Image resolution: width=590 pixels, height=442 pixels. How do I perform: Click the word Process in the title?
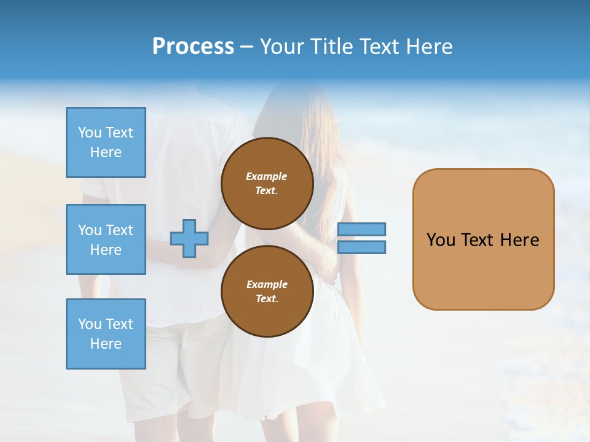193,47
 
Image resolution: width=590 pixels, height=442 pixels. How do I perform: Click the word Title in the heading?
331,47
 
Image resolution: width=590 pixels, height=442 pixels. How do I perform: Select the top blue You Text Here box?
106,142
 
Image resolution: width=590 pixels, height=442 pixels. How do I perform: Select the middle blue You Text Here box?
106,239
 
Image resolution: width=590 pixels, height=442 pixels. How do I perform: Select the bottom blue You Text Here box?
106,334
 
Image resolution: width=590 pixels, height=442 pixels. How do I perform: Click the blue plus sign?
189,238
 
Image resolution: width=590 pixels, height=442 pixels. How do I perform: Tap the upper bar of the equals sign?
361,229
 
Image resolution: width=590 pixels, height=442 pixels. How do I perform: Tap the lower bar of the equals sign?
361,247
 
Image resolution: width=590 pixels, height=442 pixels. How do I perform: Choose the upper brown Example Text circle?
267,183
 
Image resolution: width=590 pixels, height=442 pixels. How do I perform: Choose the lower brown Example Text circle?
267,291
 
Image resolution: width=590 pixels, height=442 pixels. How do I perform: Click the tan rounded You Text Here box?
483,239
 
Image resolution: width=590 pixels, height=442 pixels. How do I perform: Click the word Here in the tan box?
519,240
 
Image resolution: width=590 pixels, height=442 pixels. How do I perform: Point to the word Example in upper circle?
267,176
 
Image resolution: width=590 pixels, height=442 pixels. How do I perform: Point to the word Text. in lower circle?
267,298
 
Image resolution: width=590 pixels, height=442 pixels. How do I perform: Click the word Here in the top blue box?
106,152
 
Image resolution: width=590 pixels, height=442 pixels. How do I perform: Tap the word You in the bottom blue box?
89,324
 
